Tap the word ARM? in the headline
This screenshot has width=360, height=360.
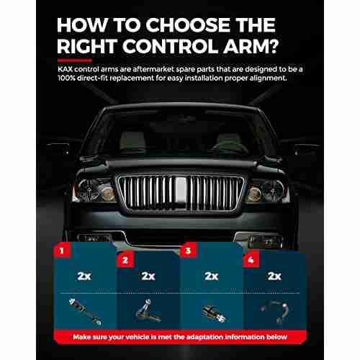[x=251, y=46]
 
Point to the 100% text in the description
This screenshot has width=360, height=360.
[x=66, y=78]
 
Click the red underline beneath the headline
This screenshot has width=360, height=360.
[x=75, y=60]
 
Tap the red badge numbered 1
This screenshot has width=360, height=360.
[x=62, y=251]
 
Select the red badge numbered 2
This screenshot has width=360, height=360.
[x=125, y=260]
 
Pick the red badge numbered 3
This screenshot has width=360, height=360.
[x=188, y=251]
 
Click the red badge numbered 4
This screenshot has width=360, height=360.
[x=251, y=260]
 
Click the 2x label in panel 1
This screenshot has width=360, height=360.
[x=84, y=276]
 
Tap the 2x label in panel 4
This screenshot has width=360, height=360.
[x=274, y=276]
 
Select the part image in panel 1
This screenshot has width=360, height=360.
[x=86, y=312]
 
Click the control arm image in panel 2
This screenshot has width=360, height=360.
[x=148, y=311]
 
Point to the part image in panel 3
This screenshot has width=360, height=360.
[x=214, y=313]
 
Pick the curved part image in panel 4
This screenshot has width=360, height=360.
[x=276, y=312]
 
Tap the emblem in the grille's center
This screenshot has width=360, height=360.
[x=181, y=190]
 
